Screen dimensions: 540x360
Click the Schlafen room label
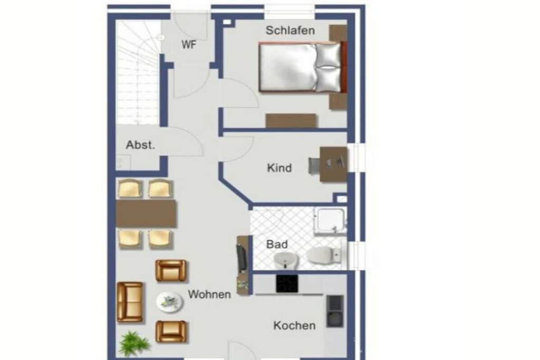coord(290,30)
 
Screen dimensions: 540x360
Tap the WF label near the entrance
coord(189,44)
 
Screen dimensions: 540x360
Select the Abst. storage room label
coord(140,145)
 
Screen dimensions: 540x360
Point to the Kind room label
coord(279,168)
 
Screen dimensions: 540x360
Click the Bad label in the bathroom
coord(277,245)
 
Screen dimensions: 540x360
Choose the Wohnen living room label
coord(209,294)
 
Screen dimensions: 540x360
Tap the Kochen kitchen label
coord(294,326)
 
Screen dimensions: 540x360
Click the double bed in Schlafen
coord(302,67)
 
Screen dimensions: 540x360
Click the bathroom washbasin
coord(285,260)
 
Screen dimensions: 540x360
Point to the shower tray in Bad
coord(331,221)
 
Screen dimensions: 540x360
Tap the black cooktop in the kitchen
coord(287,284)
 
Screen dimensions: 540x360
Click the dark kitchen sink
coord(335,311)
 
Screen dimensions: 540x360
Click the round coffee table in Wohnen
coord(169,302)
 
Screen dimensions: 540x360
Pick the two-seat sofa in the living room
coord(130,302)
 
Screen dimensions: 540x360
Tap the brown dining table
coord(146,213)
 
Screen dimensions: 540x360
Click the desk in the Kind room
coord(333,164)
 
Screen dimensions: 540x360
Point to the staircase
coord(138,72)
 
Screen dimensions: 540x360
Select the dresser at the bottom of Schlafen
coord(291,121)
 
